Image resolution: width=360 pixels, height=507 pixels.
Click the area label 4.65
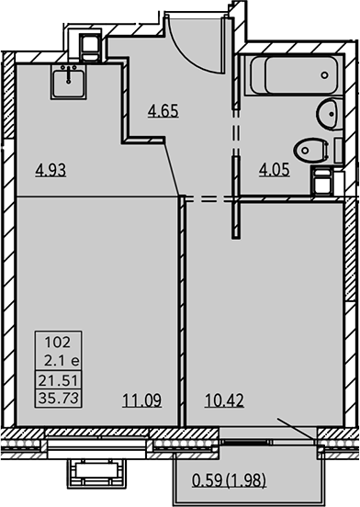(x=163, y=111)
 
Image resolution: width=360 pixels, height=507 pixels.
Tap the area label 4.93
(x=51, y=170)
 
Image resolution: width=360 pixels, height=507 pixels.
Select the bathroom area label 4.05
(x=274, y=170)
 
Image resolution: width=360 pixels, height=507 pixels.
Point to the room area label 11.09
(x=141, y=400)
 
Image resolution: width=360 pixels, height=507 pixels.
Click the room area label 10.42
(x=224, y=400)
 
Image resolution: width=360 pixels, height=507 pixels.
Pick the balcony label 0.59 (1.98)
(x=229, y=479)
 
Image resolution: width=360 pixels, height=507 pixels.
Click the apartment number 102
(x=58, y=342)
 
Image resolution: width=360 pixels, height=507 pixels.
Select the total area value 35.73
(x=58, y=398)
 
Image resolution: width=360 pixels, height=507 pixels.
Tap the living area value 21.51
(x=58, y=380)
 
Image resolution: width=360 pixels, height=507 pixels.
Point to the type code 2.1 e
(x=62, y=361)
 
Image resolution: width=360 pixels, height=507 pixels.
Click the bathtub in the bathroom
(x=294, y=75)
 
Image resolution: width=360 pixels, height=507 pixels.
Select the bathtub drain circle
(x=324, y=75)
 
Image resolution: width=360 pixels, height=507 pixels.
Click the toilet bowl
(x=309, y=150)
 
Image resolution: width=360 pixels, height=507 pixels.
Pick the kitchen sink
(x=69, y=82)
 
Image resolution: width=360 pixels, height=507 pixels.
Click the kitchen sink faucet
(x=68, y=73)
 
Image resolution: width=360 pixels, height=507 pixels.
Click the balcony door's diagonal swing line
(x=296, y=428)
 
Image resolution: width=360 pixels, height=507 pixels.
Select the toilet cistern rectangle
(x=338, y=151)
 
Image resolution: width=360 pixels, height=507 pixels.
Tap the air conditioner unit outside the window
(x=96, y=473)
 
